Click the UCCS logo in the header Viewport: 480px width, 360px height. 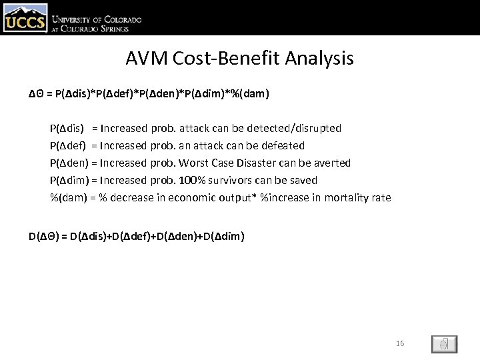pyautogui.click(x=25, y=18)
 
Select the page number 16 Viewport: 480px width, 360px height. pyautogui.click(x=400, y=343)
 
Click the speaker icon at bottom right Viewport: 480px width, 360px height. pyautogui.click(x=443, y=344)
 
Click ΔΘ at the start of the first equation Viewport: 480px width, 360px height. pyautogui.click(x=37, y=94)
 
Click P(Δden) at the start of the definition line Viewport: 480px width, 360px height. pyautogui.click(x=69, y=163)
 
